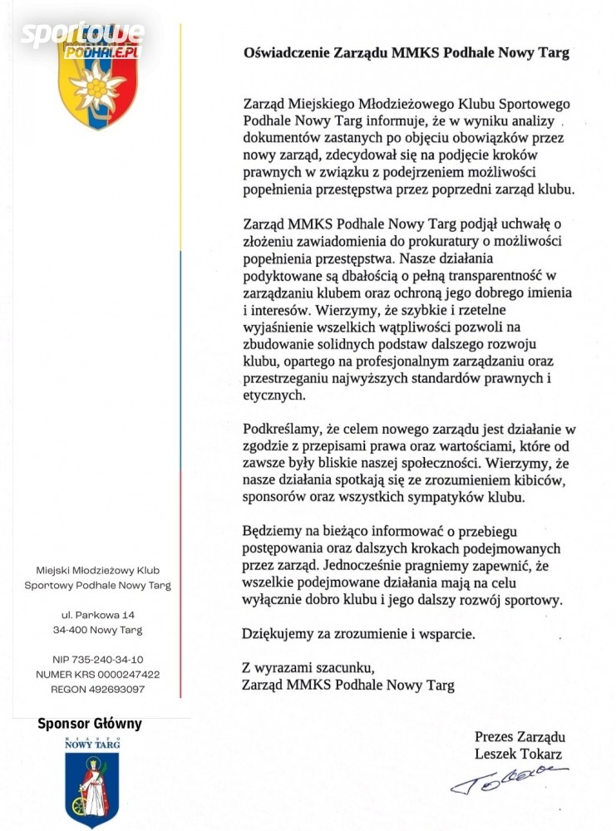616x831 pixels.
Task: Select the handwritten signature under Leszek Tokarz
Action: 509,780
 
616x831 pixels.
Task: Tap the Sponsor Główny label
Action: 90,724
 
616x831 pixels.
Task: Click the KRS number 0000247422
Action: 129,675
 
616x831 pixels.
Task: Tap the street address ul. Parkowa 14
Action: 98,614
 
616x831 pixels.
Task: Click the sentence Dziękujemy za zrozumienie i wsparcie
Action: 359,634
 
